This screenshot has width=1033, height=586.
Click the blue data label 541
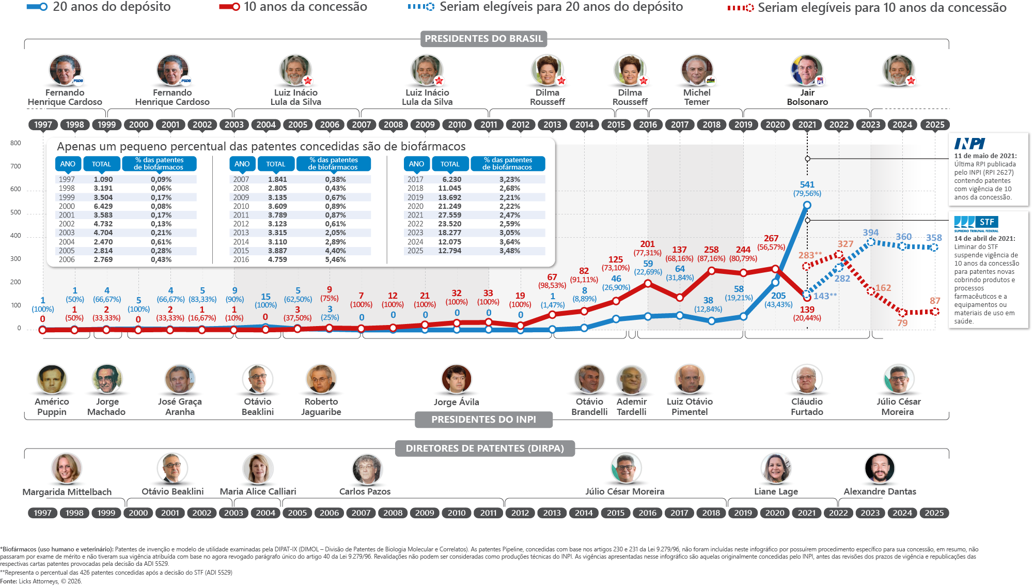pos(807,184)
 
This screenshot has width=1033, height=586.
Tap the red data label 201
pos(647,244)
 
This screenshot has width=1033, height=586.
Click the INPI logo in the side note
pos(969,144)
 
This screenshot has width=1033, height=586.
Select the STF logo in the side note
pos(976,224)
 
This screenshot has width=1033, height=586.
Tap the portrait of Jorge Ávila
pos(457,379)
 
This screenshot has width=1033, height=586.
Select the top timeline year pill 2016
pos(648,125)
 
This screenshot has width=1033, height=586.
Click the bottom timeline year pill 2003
pos(233,513)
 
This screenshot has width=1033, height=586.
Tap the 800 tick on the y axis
pos(15,143)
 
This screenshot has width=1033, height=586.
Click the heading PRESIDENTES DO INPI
pos(483,420)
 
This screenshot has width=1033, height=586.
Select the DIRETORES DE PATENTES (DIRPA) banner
pos(484,449)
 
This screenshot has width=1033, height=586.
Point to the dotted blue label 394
pos(870,233)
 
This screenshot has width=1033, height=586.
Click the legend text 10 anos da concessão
pos(305,7)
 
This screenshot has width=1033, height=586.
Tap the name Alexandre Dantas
pos(880,491)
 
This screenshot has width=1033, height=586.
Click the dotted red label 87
pos(935,301)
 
